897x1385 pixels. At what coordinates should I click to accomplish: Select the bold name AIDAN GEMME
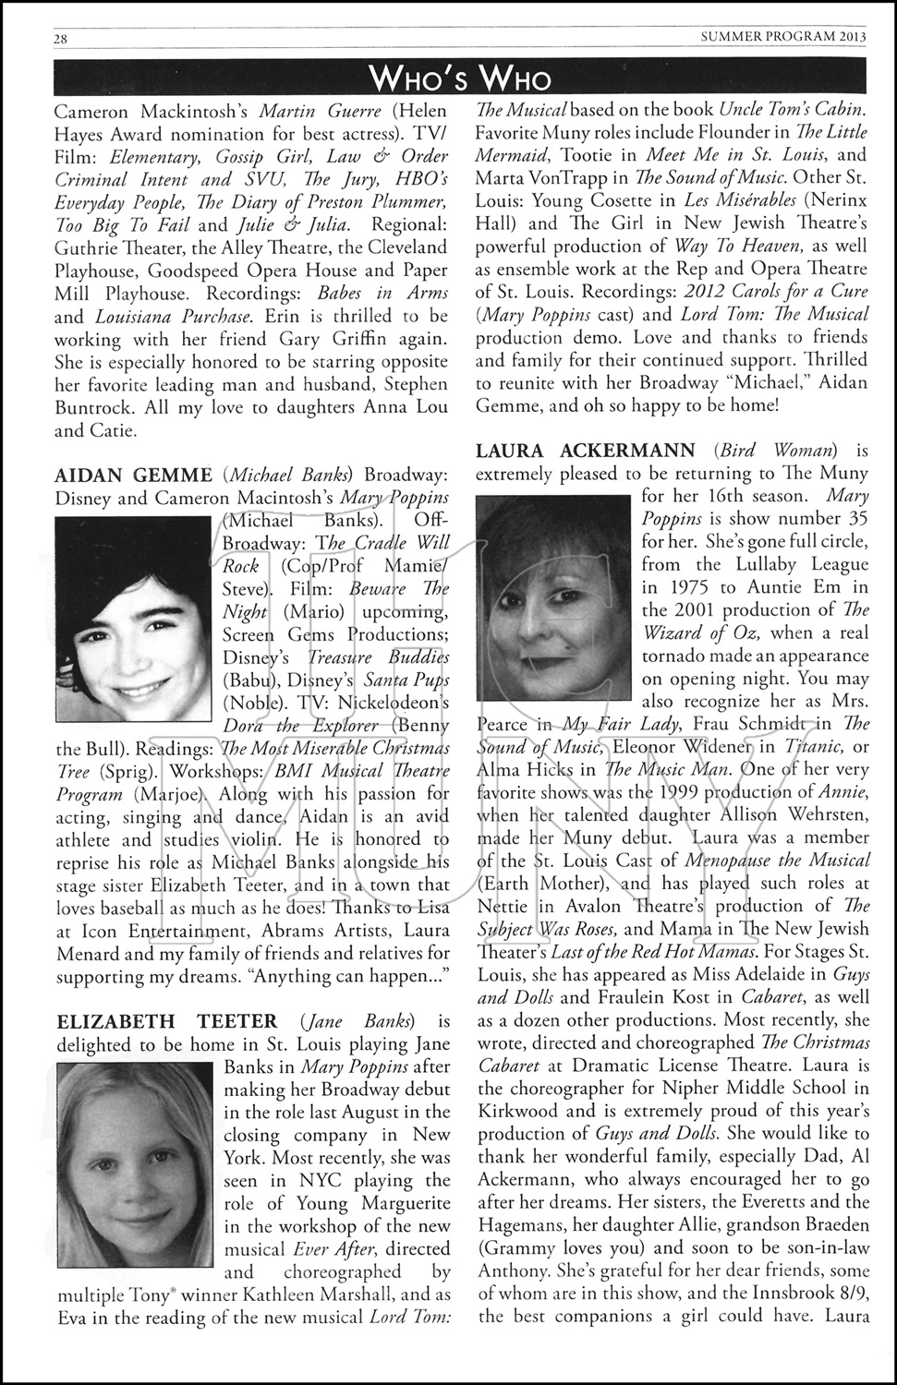tap(134, 476)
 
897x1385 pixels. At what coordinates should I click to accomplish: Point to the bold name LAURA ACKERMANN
tap(586, 451)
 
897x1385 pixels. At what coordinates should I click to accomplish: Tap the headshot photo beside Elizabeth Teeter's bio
tap(136, 1167)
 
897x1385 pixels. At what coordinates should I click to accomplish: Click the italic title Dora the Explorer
tap(300, 725)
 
